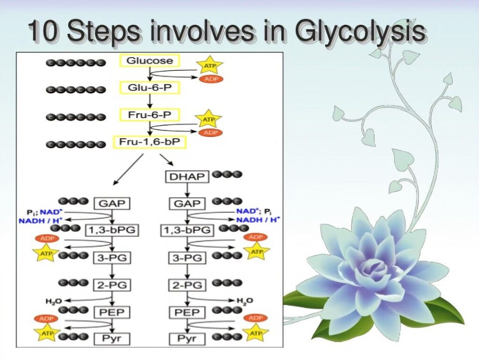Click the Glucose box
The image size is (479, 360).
click(x=149, y=61)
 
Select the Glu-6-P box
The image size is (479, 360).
click(x=149, y=88)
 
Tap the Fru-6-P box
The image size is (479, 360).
click(x=149, y=115)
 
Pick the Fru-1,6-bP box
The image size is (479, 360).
click(x=149, y=142)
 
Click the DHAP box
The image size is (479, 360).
click(x=187, y=176)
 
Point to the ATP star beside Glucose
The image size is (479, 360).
click(x=210, y=65)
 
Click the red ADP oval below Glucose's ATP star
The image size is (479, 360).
click(x=211, y=79)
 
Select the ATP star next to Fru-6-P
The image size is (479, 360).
click(x=208, y=119)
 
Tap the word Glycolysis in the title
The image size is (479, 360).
click(x=360, y=31)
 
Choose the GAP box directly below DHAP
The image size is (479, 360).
click(x=187, y=204)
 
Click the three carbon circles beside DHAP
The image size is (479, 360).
click(x=227, y=175)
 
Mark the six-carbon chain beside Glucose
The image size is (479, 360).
click(x=76, y=63)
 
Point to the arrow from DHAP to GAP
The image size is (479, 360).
click(x=188, y=190)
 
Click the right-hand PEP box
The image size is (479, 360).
click(x=187, y=312)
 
